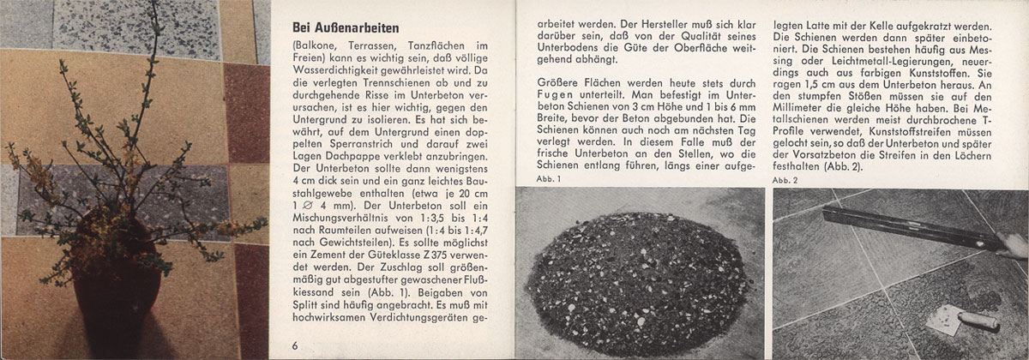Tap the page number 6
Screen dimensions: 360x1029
[x=294, y=345]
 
